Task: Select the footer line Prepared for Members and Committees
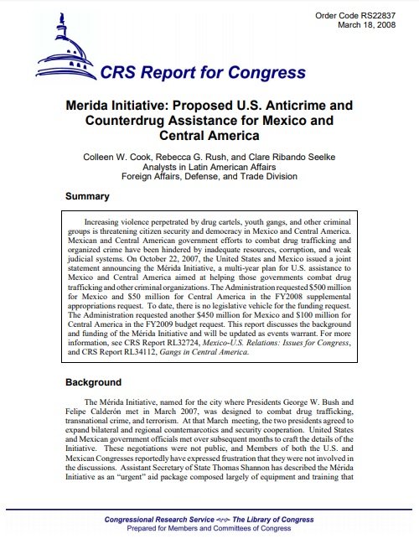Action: pos(209,530)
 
